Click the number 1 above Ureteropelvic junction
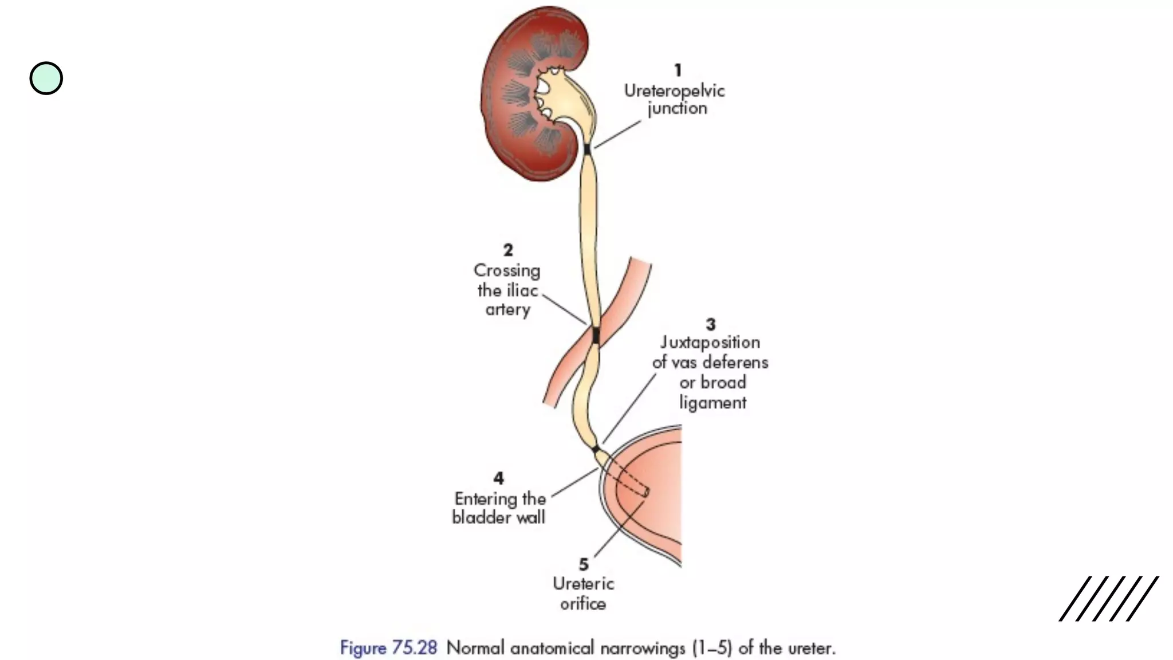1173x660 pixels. point(678,70)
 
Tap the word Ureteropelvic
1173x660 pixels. point(674,91)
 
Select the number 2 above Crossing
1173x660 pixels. point(508,250)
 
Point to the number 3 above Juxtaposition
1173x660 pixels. point(711,324)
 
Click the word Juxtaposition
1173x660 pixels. point(710,343)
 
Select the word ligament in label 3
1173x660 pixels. point(713,403)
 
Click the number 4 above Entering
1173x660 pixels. point(498,478)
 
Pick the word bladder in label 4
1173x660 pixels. point(479,517)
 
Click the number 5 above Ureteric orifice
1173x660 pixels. point(584,564)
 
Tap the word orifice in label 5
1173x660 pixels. point(583,604)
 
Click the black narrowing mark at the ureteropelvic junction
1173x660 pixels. point(587,150)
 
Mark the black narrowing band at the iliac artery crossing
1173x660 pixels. point(596,335)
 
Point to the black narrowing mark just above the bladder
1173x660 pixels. point(596,449)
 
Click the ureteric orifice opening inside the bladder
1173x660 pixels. point(646,492)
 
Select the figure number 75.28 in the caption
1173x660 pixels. point(414,648)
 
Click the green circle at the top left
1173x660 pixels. point(46,78)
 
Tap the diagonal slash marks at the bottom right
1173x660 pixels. point(1108,598)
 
